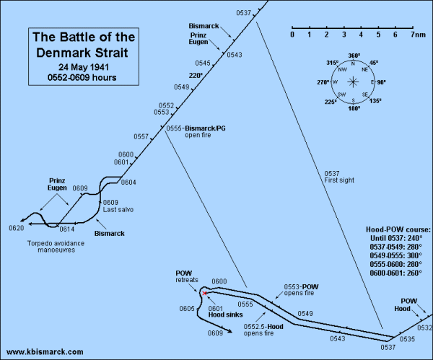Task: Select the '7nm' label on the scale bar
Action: click(416, 34)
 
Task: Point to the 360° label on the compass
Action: click(354, 56)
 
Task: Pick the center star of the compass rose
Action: click(354, 82)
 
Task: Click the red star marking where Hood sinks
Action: click(204, 293)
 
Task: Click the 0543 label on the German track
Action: click(235, 55)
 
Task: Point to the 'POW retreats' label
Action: click(186, 276)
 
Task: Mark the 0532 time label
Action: click(424, 328)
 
